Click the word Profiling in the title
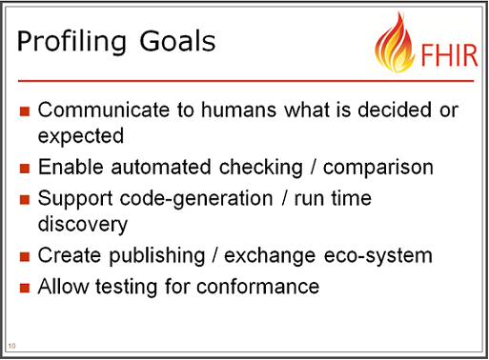click(71, 42)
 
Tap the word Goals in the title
click(177, 41)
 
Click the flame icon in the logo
click(396, 42)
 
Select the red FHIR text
click(449, 55)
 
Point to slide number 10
click(11, 346)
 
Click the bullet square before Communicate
click(25, 111)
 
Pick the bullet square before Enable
click(25, 169)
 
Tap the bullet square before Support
click(25, 200)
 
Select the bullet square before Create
click(25, 256)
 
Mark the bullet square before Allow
click(25, 288)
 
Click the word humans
click(239, 110)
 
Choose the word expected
click(81, 136)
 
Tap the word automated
click(161, 167)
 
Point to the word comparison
click(378, 169)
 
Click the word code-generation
click(196, 199)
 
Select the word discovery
click(83, 225)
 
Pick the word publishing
click(157, 256)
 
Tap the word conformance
click(258, 287)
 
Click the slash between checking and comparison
click(314, 167)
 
